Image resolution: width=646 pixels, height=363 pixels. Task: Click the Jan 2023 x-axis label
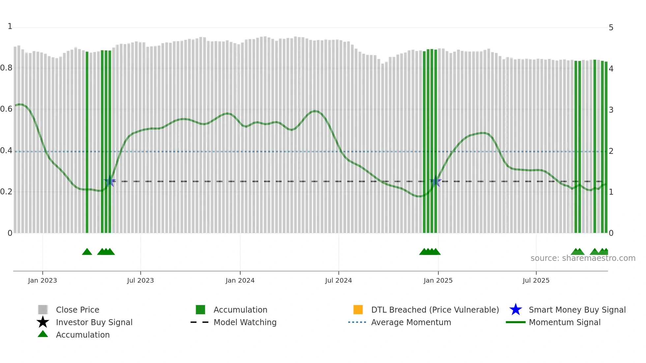pos(43,280)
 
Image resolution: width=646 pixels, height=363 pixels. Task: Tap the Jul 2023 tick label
pos(140,280)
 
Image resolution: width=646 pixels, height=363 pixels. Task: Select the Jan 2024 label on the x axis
pos(240,280)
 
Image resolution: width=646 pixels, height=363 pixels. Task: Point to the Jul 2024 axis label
pos(338,280)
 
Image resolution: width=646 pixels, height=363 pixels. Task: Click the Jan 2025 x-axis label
pos(438,280)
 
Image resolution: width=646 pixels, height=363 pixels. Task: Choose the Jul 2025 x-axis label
pos(536,280)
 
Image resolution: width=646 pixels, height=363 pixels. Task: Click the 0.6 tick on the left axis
pos(6,109)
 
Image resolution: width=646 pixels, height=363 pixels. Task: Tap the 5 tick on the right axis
pos(611,28)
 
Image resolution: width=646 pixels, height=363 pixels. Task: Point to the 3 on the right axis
pos(611,110)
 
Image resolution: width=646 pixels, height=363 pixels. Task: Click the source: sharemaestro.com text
pos(583,258)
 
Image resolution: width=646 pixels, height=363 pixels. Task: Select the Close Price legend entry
pos(77,310)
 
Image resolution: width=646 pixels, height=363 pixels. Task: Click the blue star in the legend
pos(515,310)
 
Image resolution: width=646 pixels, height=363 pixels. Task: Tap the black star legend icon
pos(43,322)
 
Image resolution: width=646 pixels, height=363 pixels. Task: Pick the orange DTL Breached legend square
pos(358,310)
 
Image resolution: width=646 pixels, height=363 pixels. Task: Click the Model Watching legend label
pos(245,322)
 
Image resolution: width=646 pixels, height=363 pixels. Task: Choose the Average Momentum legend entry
pos(411,322)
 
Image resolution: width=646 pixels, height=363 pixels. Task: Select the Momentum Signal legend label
pos(565,322)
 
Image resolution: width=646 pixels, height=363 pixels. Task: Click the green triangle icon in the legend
pos(43,334)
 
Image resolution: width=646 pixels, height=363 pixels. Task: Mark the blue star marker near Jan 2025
pos(436,181)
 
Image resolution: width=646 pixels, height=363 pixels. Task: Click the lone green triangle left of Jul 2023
pos(87,252)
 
